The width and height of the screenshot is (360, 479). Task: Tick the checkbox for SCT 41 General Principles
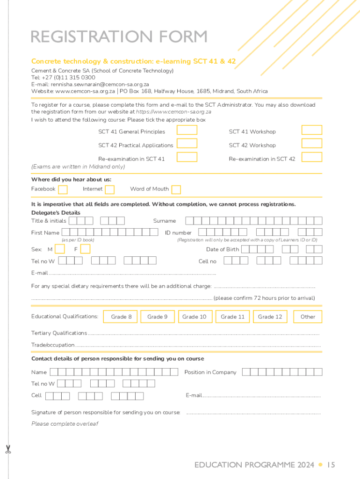click(x=189, y=131)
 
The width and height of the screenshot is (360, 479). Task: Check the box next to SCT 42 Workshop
click(x=312, y=144)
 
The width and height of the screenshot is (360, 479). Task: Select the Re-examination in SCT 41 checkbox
click(x=189, y=157)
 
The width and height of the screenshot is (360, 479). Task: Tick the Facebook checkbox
click(x=63, y=189)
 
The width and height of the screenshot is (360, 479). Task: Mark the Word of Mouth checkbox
click(x=176, y=189)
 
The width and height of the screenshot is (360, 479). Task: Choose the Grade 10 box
click(x=194, y=317)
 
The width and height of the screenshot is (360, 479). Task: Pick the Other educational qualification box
click(x=308, y=317)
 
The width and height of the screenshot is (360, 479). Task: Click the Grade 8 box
click(x=121, y=317)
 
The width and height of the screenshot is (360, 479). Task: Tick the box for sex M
click(x=60, y=249)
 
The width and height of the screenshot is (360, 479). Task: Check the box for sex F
click(x=85, y=249)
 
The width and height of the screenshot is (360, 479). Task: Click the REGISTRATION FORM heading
click(x=119, y=36)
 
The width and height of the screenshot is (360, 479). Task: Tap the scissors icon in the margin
click(x=8, y=450)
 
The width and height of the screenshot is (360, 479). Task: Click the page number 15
click(x=331, y=465)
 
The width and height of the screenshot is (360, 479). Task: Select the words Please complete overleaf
click(x=65, y=424)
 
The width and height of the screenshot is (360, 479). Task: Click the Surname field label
click(x=165, y=221)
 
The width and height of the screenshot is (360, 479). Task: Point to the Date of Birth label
click(x=223, y=249)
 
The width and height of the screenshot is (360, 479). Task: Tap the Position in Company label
click(x=210, y=372)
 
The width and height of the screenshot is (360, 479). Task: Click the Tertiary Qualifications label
click(x=59, y=333)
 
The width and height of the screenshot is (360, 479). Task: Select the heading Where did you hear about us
click(x=71, y=179)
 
